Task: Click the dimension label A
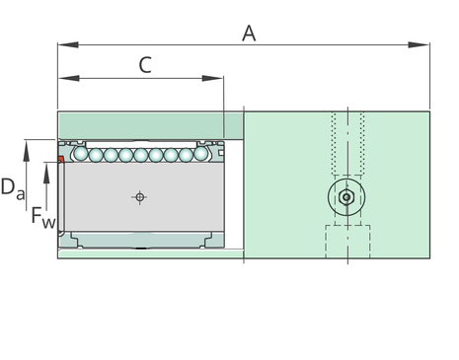click(x=249, y=34)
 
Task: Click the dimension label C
click(x=145, y=65)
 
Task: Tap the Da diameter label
click(x=13, y=188)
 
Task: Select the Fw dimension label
click(x=43, y=217)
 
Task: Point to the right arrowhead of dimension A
click(x=419, y=44)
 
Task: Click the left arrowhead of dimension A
click(x=68, y=44)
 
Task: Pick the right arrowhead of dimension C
click(x=213, y=78)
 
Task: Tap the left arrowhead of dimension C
click(x=69, y=78)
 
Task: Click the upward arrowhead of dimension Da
click(x=26, y=150)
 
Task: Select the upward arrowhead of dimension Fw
click(x=46, y=173)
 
